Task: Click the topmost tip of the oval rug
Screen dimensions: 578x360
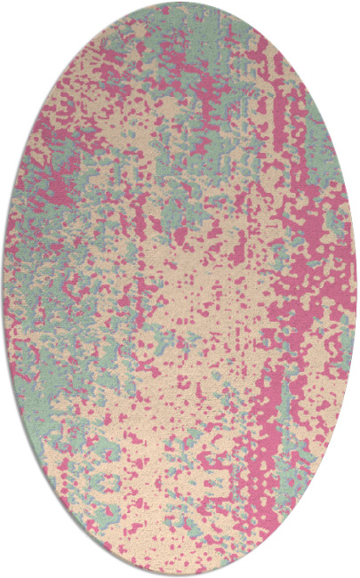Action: (x=180, y=4)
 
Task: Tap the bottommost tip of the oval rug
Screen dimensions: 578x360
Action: (x=180, y=574)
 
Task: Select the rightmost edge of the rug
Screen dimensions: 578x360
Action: (x=356, y=289)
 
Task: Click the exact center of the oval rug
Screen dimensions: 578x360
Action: (x=180, y=289)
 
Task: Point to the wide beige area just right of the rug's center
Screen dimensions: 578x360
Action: (x=222, y=293)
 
